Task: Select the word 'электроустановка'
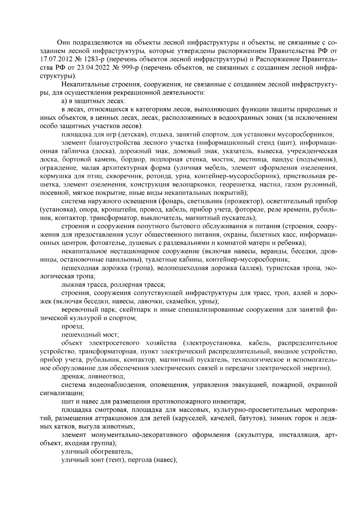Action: (214, 343)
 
